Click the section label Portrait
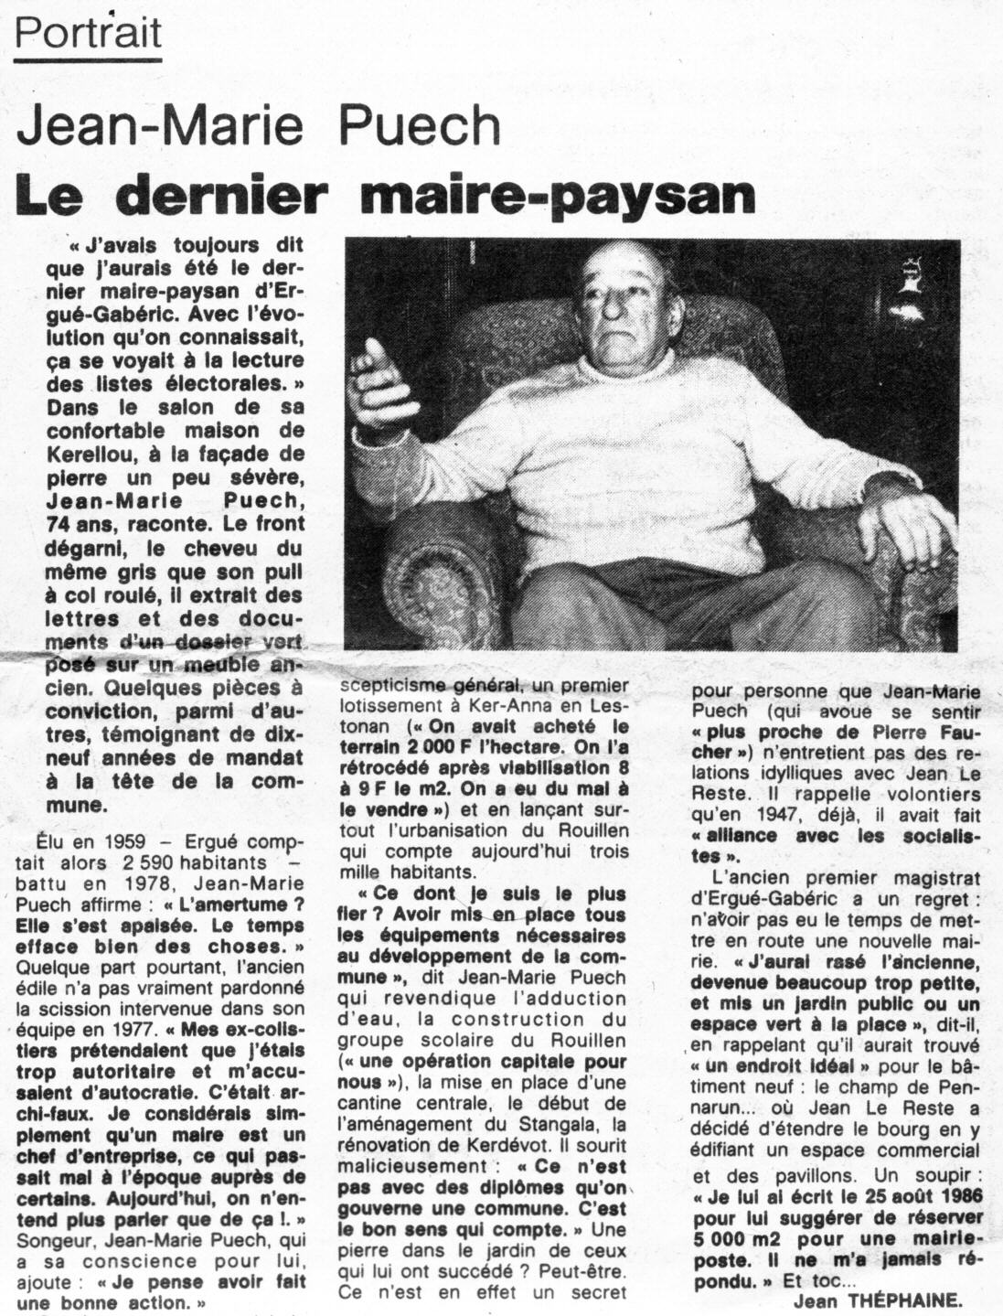pyautogui.click(x=89, y=34)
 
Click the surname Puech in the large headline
pyautogui.click(x=422, y=126)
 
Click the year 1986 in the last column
pyautogui.click(x=951, y=1197)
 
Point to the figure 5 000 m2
pyautogui.click(x=743, y=1239)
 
